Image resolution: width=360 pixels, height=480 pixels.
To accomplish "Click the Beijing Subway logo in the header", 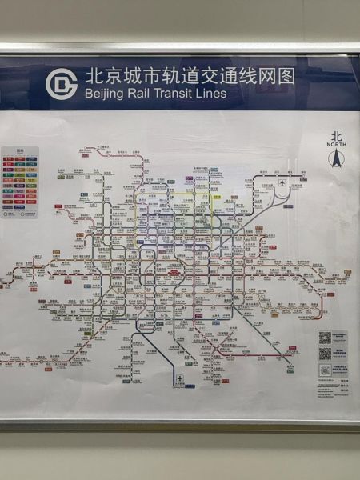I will point(62,83).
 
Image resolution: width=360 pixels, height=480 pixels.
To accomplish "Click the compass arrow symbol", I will point(336,158).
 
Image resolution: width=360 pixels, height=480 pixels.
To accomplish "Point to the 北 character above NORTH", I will point(336,136).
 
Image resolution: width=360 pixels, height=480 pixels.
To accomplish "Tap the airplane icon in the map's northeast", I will point(283,186).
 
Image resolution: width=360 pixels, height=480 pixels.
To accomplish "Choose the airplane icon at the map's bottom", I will point(181,378).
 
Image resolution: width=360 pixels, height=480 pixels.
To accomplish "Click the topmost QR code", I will point(325,338).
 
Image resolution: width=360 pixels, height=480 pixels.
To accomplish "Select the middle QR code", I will point(325,354).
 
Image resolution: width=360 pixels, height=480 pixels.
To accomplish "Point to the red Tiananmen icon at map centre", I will point(173,271).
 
